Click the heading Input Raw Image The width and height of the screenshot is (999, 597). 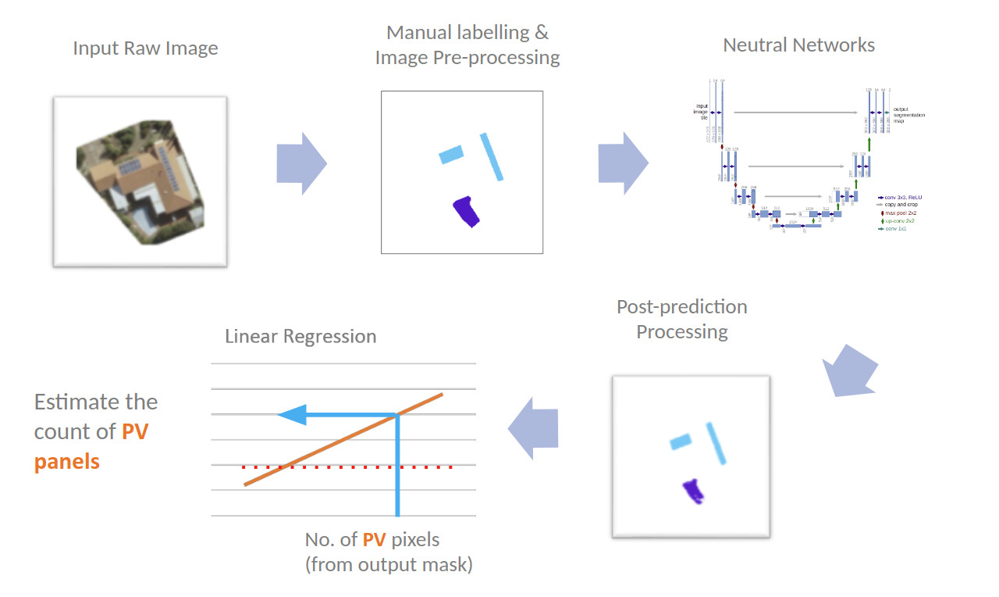coord(145,48)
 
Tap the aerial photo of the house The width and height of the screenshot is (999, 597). coord(140,181)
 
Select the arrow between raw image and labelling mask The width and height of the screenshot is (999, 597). coord(301,163)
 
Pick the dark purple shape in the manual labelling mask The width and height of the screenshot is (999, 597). coord(467,211)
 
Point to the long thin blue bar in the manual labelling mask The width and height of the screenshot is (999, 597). coord(491,156)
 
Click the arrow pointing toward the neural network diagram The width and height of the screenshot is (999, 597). coord(623,163)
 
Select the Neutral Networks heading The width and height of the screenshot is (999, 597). coord(798,45)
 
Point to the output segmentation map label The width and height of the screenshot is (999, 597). coord(910,116)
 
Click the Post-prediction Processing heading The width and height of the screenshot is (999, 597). coord(681,319)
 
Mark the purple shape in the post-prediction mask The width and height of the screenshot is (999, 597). coord(693,492)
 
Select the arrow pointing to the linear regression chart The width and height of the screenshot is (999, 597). coord(534,427)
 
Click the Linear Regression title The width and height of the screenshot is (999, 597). coord(300,337)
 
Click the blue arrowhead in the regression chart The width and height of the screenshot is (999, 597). coord(290,415)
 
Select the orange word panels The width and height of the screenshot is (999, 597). coord(67,461)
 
